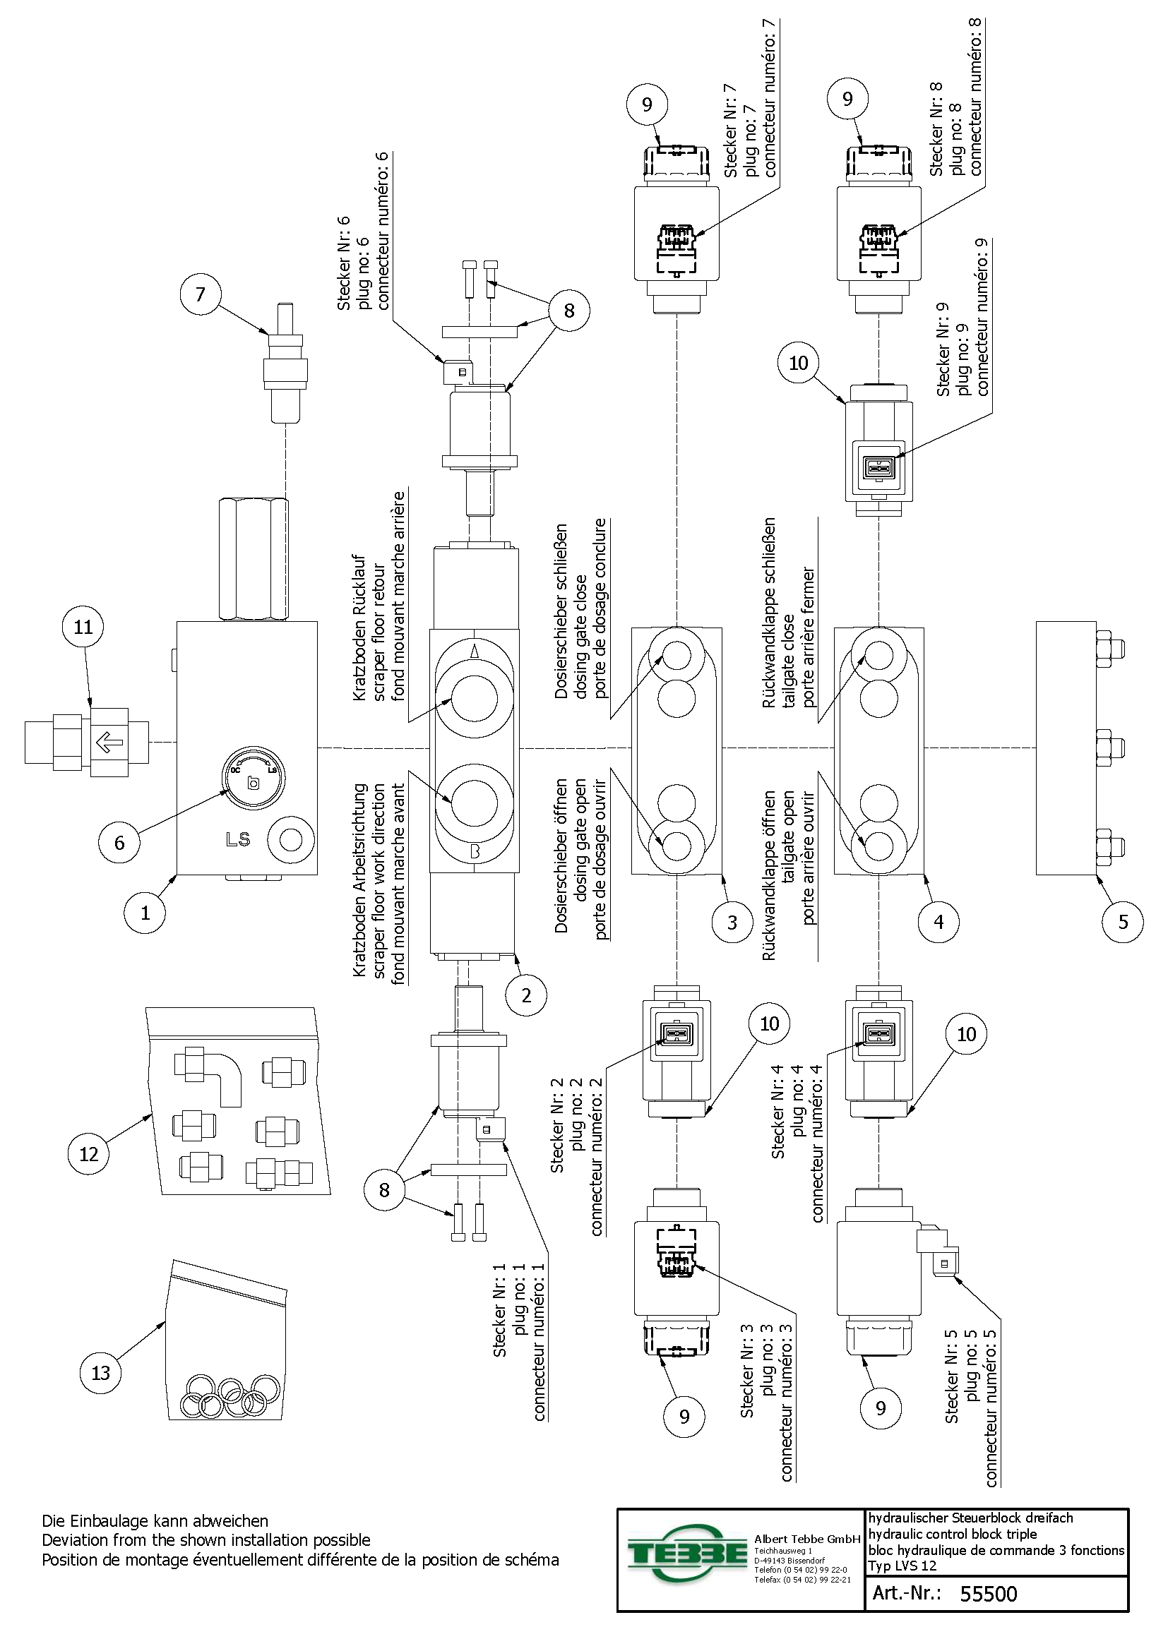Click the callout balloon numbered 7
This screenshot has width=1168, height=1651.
[200, 294]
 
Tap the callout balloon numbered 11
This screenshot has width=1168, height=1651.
[83, 627]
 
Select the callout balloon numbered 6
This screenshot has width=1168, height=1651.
[119, 842]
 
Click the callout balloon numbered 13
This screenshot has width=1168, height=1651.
[101, 1373]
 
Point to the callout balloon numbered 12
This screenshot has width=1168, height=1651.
[88, 1154]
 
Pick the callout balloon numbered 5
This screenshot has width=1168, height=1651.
[1123, 922]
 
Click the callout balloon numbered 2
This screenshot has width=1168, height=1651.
[526, 995]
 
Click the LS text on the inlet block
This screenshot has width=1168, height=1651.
[238, 839]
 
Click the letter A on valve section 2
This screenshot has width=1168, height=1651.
[475, 652]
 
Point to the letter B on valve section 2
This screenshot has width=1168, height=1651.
[475, 852]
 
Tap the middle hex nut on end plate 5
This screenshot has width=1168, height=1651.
[1104, 748]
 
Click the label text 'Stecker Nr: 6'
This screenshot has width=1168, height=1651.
[344, 263]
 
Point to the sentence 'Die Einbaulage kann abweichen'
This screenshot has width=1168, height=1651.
[155, 1521]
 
